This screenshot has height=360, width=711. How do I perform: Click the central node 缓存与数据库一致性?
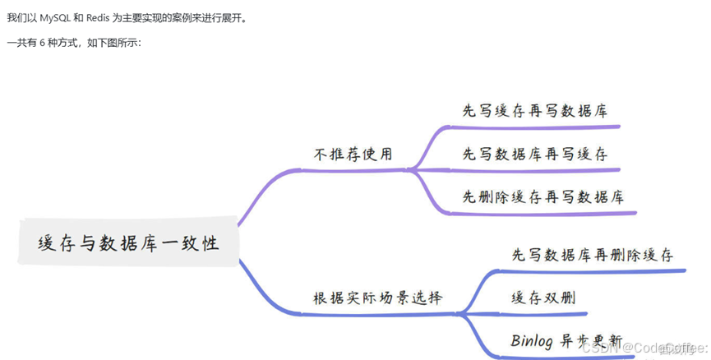tap(129, 242)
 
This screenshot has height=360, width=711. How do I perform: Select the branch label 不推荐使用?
tap(353, 154)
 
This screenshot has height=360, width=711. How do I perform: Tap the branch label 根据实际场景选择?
tap(377, 297)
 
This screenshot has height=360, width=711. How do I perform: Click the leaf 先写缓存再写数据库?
tap(534, 111)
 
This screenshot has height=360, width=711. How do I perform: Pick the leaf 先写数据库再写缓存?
tap(534, 154)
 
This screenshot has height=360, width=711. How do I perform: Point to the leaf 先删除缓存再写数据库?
tap(542, 197)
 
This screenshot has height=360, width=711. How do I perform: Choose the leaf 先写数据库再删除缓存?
tap(592, 255)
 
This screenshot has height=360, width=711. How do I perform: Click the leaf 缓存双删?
tap(542, 297)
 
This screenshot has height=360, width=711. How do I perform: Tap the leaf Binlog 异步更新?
tap(566, 339)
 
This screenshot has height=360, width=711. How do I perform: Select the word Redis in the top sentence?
tap(99, 16)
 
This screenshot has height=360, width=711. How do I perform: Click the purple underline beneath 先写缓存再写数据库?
tap(534, 127)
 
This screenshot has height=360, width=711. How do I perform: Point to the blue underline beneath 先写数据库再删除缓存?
tap(592, 270)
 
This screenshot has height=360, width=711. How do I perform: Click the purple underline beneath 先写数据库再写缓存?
tap(534, 170)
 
